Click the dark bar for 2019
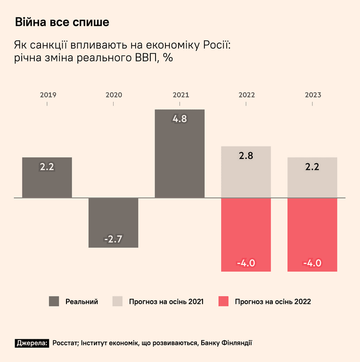[x=47, y=177]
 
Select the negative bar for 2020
[x=113, y=222]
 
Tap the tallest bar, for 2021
[x=180, y=154]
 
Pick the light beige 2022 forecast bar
[x=246, y=172]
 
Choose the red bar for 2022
[x=246, y=235]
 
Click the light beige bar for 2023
[x=312, y=178]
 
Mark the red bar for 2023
[x=312, y=235]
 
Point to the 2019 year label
[x=48, y=95]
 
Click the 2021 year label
[x=181, y=95]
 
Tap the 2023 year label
[x=313, y=95]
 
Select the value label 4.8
[x=180, y=119]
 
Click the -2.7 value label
[x=113, y=239]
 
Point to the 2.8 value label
[x=246, y=156]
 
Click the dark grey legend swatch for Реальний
[x=54, y=301]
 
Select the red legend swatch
[x=223, y=301]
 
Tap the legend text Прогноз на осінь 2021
[x=166, y=302]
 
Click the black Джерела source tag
[x=32, y=343]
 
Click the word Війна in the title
[x=31, y=22]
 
